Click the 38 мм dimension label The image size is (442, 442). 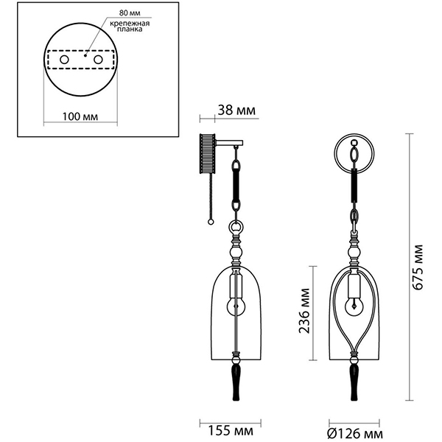click(236, 110)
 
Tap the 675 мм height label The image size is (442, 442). click(418, 267)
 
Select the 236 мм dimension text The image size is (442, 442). click(304, 311)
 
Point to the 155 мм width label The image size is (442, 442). click(231, 431)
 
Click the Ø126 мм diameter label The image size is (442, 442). click(355, 432)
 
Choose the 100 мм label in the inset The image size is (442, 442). click(80, 116)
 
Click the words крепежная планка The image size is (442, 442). click(130, 26)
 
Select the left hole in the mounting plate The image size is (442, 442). click(64, 60)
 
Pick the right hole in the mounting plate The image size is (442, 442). click(98, 60)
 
